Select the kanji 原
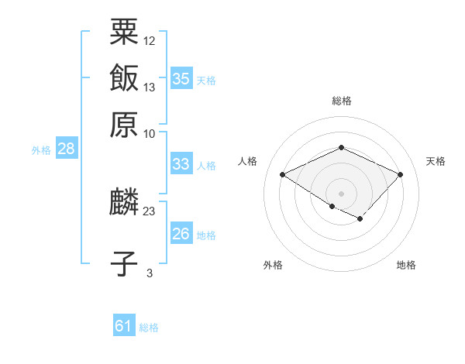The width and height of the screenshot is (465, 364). (x=124, y=124)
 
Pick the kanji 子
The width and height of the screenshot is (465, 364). (x=124, y=263)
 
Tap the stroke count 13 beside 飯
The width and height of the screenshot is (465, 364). (x=150, y=87)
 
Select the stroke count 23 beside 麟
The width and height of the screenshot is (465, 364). (x=150, y=211)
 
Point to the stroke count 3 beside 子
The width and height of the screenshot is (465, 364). (x=150, y=273)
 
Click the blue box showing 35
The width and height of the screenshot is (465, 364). (x=181, y=78)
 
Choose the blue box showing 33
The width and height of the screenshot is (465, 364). (x=181, y=163)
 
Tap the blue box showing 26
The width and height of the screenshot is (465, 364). (x=181, y=234)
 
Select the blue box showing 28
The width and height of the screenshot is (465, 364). (x=66, y=149)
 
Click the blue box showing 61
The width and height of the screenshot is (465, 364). (x=123, y=326)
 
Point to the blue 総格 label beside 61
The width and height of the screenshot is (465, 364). (x=149, y=328)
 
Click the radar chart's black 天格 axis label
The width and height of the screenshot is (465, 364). (x=436, y=161)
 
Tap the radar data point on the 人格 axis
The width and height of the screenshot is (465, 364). (x=283, y=174)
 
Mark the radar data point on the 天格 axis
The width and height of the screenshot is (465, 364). (x=400, y=174)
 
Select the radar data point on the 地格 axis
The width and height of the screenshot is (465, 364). (x=360, y=219)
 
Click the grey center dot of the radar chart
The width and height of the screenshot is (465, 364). (x=341, y=193)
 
